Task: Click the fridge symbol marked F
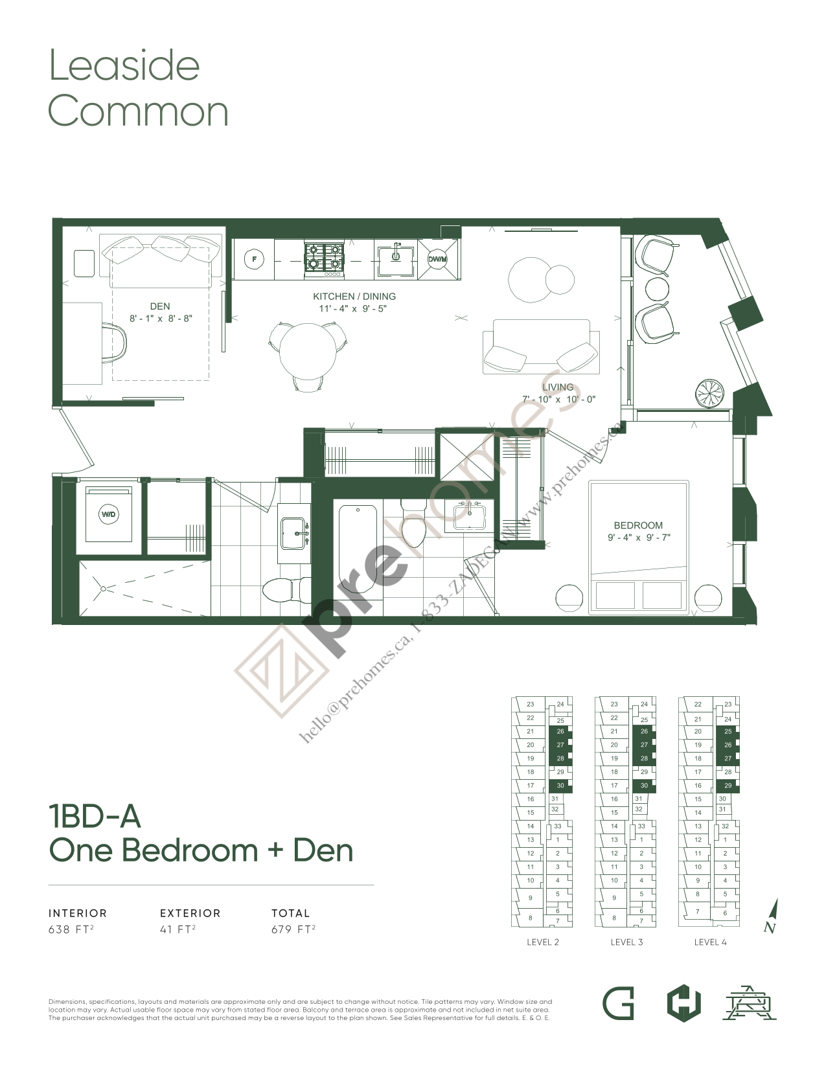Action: pos(254,260)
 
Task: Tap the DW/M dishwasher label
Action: pos(437,260)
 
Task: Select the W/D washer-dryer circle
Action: pos(108,514)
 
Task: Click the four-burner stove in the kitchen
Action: pos(324,256)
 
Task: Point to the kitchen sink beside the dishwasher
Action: pos(395,256)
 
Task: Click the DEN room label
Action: pos(160,306)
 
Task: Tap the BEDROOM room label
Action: pos(638,525)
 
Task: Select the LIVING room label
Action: pos(558,387)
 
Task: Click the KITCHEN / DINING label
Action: pos(354,297)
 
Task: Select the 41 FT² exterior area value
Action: pos(178,929)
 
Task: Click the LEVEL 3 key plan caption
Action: pos(626,942)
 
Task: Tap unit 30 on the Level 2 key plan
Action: pos(560,786)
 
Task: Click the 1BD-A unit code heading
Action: pos(95,817)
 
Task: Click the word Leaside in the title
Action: pos(124,66)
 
